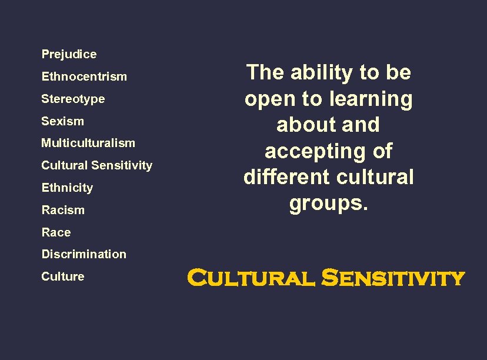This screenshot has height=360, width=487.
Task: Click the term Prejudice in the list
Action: coord(69,54)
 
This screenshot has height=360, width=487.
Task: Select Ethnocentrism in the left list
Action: coord(84,76)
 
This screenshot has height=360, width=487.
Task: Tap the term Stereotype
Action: coord(73,99)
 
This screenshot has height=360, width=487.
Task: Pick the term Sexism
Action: coord(62,121)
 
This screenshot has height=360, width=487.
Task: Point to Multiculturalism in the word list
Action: coord(88,143)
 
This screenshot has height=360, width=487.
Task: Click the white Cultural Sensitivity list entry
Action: coord(96,165)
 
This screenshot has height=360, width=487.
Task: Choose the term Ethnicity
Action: coord(67,188)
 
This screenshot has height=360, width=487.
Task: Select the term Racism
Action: coord(63,210)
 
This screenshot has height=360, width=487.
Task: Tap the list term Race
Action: coord(56,232)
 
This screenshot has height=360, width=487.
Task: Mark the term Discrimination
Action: coord(84,254)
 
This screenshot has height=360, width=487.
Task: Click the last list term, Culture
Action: coord(62,276)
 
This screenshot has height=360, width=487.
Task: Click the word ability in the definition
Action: coord(322,73)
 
